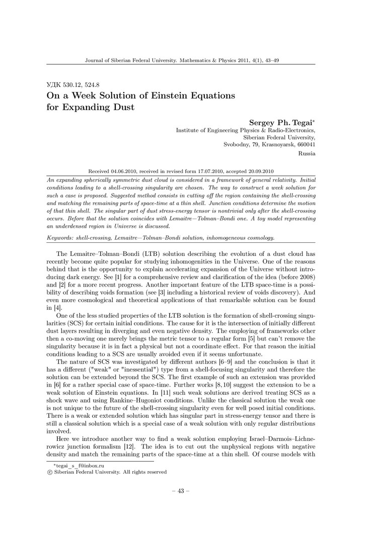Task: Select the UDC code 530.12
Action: [x=72, y=85]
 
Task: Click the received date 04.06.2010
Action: [x=129, y=170]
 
